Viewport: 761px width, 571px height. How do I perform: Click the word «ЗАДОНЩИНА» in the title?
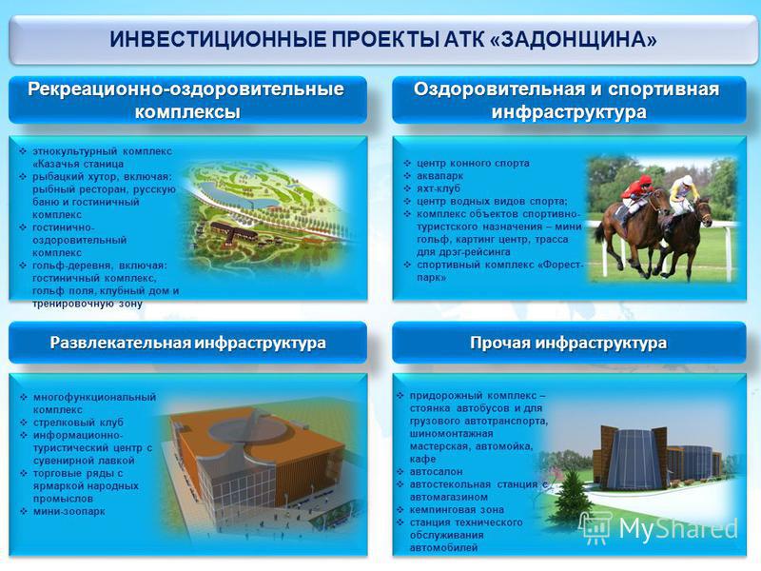[x=574, y=39]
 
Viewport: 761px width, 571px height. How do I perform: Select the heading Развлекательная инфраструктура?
[x=187, y=343]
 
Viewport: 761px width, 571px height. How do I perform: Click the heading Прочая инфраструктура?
[x=568, y=343]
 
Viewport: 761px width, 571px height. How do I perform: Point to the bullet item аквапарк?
[x=439, y=176]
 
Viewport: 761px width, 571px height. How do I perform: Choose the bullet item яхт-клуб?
[x=439, y=188]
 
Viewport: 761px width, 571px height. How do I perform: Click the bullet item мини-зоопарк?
[x=68, y=511]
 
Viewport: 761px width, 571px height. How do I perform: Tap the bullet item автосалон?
[x=436, y=471]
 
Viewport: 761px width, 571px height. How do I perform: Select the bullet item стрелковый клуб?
[x=78, y=423]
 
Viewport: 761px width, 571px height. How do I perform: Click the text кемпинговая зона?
[x=457, y=510]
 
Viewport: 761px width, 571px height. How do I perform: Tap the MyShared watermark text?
[x=678, y=528]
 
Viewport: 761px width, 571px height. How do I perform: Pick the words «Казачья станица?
[x=78, y=164]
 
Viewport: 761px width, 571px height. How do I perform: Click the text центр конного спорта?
[x=473, y=163]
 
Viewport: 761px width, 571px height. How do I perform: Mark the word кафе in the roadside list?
[x=422, y=459]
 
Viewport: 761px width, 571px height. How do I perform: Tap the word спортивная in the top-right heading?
[x=663, y=89]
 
